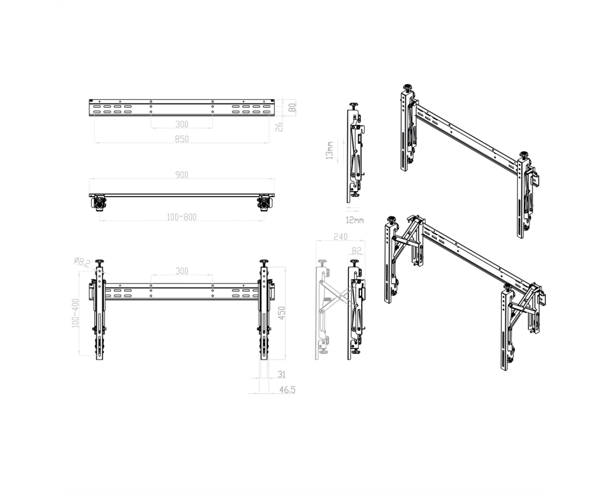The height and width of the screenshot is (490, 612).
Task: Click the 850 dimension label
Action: click(x=182, y=139)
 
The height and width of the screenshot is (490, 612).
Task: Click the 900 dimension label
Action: click(x=182, y=175)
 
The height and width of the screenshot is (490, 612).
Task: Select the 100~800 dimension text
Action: click(x=182, y=217)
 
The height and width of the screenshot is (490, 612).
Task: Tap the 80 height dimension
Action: click(x=292, y=107)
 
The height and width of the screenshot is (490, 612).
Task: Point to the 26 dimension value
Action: click(x=279, y=127)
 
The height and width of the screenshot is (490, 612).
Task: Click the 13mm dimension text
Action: click(x=329, y=151)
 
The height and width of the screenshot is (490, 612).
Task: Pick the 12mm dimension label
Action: click(x=354, y=221)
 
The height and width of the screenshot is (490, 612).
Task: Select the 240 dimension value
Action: click(x=340, y=237)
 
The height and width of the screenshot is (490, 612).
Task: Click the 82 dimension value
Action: click(x=357, y=251)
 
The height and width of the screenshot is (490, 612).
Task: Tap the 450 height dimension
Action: click(x=282, y=312)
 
